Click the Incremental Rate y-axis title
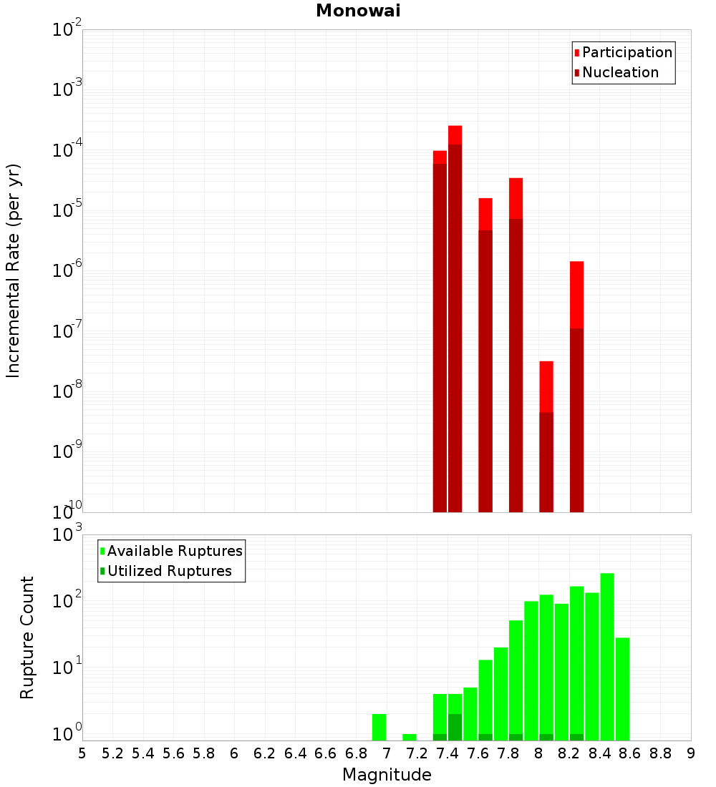[x=14, y=270]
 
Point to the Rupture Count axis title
[x=27, y=637]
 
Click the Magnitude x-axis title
[x=387, y=775]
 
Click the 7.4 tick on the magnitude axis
[x=447, y=753]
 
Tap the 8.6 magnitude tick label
[x=630, y=753]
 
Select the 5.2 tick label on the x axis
[x=113, y=753]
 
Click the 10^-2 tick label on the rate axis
[x=67, y=30]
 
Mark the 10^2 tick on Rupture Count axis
[x=67, y=601]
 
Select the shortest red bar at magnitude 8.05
[x=546, y=436]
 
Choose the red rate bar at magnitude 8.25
[x=577, y=386]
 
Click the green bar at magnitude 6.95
[x=379, y=727]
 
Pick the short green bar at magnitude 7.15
[x=410, y=737]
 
